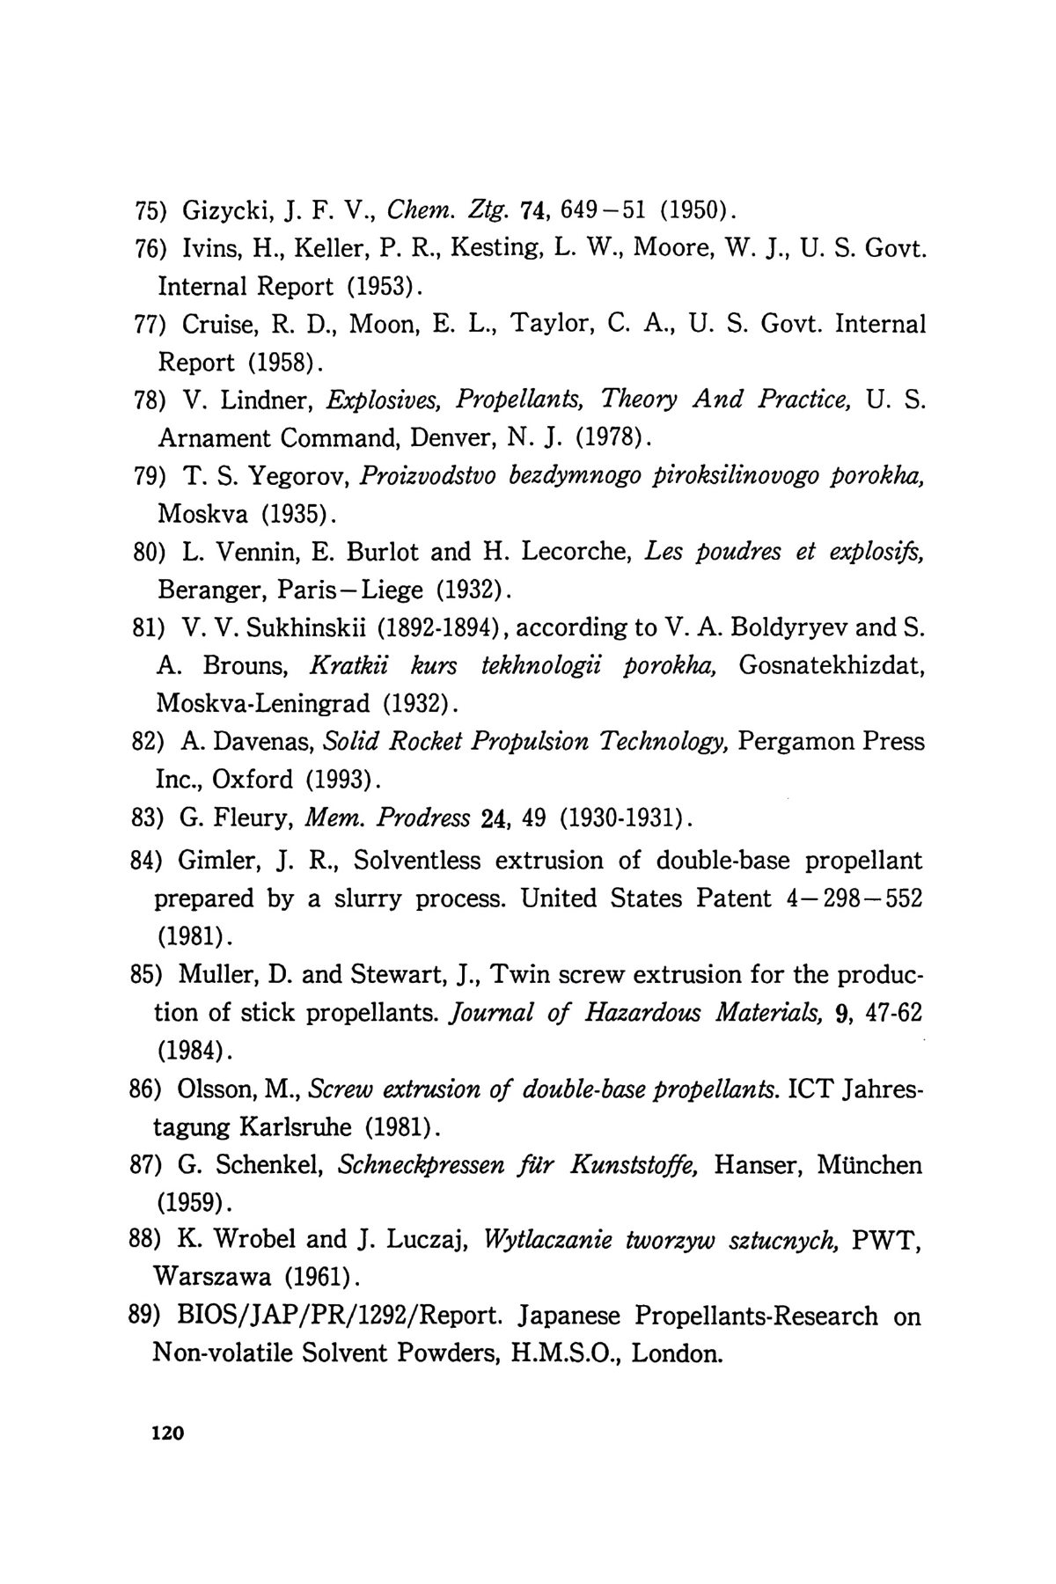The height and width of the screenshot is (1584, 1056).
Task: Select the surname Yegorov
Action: pyautogui.click(x=300, y=476)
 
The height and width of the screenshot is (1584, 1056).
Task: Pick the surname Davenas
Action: pyautogui.click(x=261, y=742)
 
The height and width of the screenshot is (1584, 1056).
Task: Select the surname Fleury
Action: pyautogui.click(x=245, y=818)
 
